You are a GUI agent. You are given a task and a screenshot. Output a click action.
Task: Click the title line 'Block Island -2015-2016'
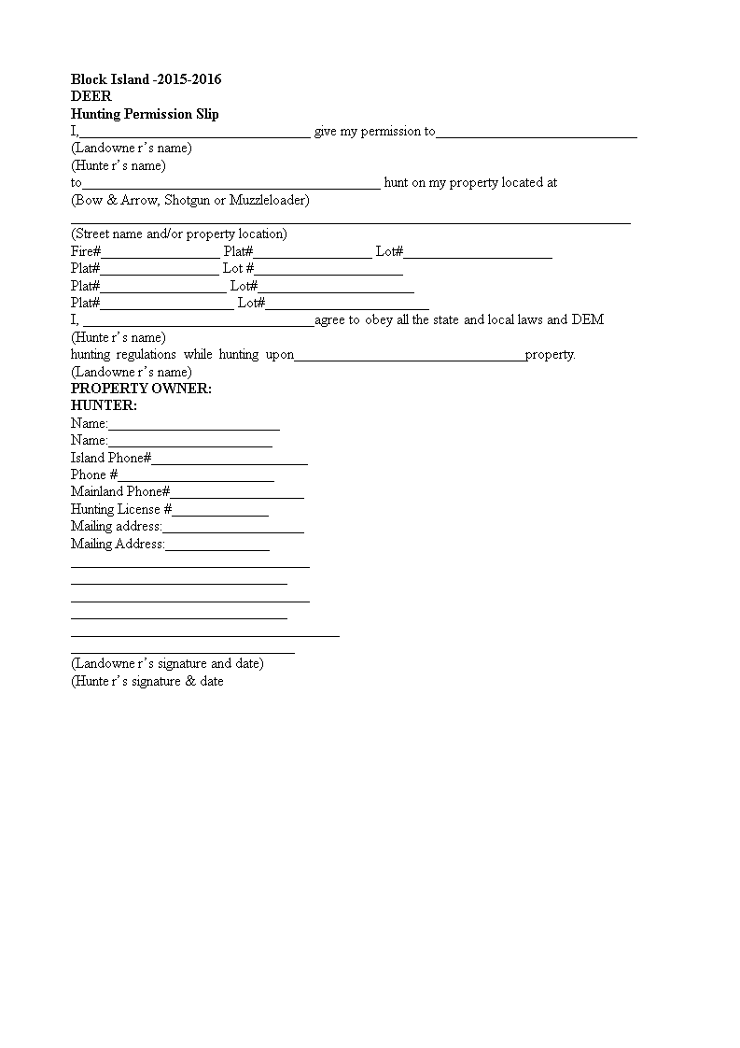pos(146,79)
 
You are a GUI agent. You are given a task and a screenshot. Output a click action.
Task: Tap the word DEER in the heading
pos(91,96)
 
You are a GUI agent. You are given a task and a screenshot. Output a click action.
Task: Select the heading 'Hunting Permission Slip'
pos(145,114)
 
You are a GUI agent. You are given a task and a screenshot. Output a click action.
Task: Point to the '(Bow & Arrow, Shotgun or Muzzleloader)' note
pos(190,200)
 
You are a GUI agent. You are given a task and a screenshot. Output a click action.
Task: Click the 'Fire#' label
pos(86,251)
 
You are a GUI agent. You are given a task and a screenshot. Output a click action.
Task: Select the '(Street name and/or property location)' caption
pos(179,234)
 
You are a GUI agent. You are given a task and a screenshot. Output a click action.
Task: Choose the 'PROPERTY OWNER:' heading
pos(141,389)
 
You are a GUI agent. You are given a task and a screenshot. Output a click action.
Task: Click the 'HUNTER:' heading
pos(104,405)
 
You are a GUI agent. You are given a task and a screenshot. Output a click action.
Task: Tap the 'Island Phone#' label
pos(111,458)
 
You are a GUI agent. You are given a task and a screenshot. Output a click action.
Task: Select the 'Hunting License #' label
pos(121,509)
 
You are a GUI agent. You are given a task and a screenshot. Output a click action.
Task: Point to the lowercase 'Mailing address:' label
pos(117,526)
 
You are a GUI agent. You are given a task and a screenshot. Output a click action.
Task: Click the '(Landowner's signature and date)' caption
pos(167,663)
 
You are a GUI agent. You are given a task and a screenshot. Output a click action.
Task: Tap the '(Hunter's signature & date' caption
pos(147,681)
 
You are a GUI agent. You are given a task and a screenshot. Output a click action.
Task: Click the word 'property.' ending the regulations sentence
pos(551,354)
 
